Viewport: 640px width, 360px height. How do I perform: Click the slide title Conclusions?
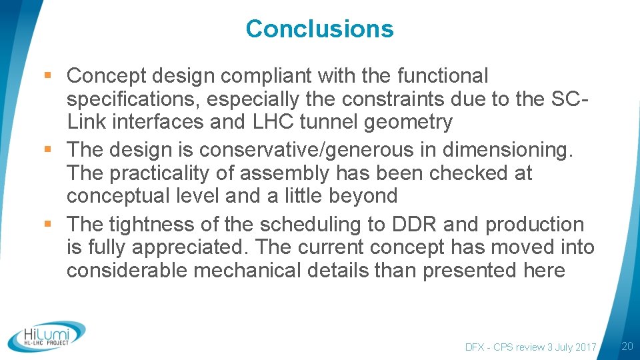coord(319,29)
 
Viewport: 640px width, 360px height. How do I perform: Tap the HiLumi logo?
coord(47,337)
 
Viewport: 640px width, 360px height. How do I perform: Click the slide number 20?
coord(626,346)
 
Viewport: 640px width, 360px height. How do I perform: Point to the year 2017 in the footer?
coord(583,347)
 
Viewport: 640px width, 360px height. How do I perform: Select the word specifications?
coord(133,99)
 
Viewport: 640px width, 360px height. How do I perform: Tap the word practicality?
coord(171,173)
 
